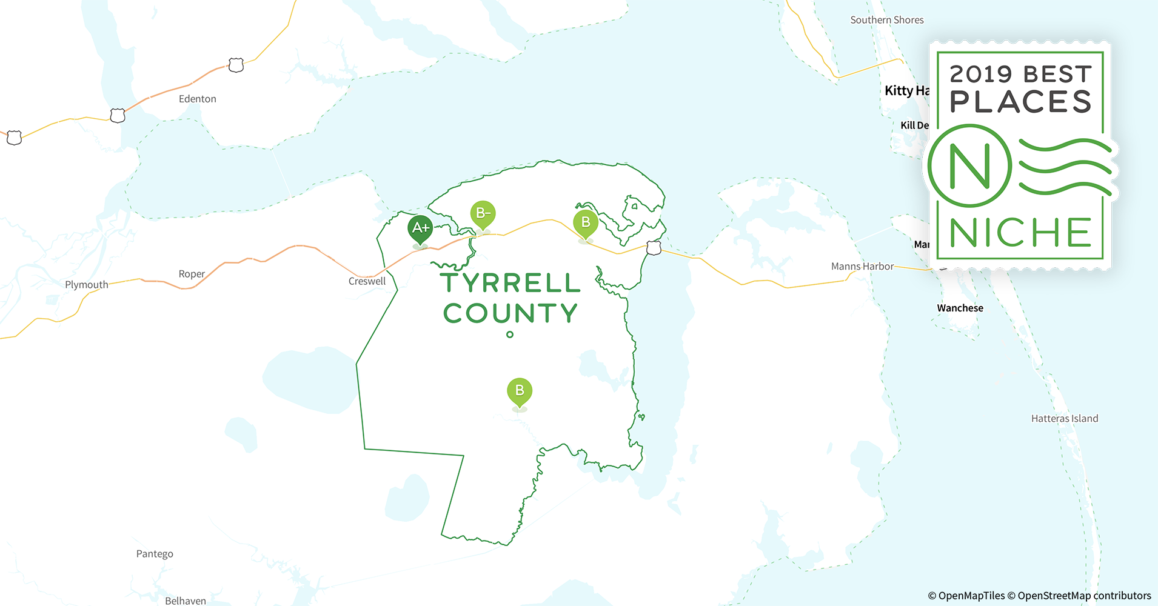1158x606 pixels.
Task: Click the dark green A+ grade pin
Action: [x=420, y=228]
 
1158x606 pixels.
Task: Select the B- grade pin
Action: [x=483, y=213]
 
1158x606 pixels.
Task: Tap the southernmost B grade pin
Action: [x=520, y=391]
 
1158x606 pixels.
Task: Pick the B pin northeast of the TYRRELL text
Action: [x=586, y=222]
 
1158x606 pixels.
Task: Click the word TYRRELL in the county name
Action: [x=510, y=283]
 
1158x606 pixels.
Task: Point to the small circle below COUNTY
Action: [x=510, y=335]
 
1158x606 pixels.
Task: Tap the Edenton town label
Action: [x=197, y=99]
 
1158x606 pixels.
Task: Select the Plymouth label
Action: [x=87, y=285]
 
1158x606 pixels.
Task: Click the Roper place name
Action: [x=192, y=274]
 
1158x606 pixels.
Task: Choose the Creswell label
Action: [x=367, y=281]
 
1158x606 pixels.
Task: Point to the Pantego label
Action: [x=155, y=554]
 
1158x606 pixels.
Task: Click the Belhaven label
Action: [x=186, y=601]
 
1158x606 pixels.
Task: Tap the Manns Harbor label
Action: [x=862, y=266]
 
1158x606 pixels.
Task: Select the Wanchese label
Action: [x=960, y=308]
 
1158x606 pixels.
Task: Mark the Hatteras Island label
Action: [x=1065, y=418]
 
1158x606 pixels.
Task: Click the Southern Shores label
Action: [x=887, y=20]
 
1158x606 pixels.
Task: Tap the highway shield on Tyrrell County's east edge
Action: [x=654, y=247]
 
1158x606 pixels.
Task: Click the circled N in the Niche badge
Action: [x=969, y=165]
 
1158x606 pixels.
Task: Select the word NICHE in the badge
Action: [x=1020, y=233]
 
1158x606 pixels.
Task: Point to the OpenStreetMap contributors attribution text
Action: [x=1084, y=596]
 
